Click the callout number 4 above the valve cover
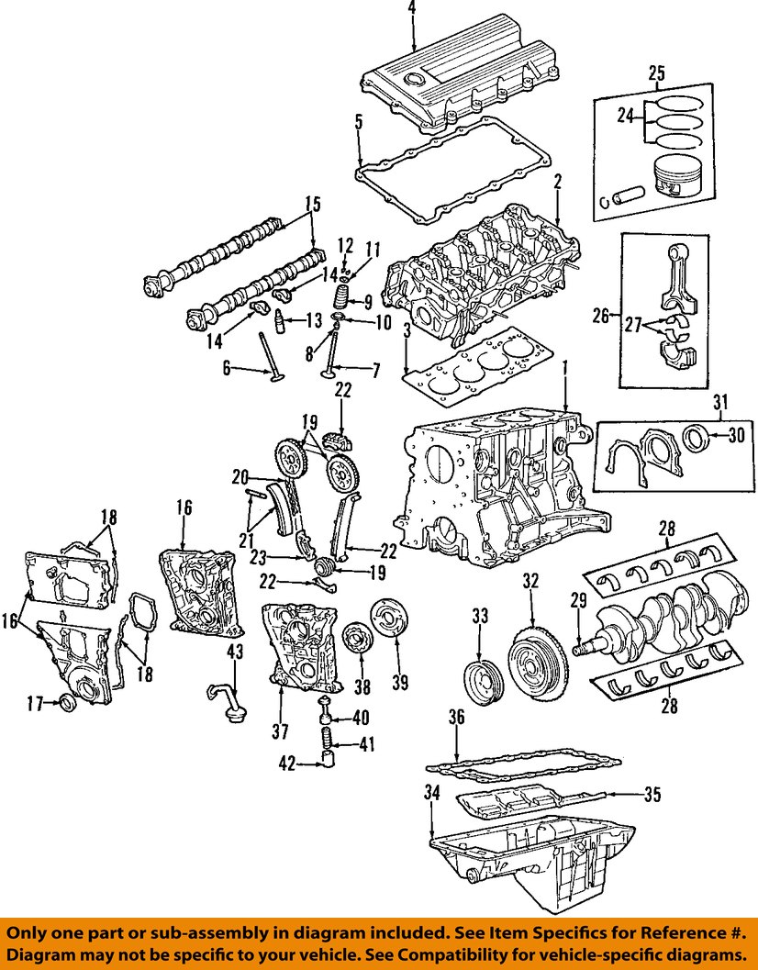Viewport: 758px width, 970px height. click(412, 8)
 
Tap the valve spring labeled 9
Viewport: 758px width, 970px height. click(341, 299)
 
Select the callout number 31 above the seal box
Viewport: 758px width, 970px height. click(720, 400)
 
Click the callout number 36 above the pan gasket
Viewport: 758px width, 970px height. click(456, 717)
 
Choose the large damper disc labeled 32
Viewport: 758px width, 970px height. click(531, 659)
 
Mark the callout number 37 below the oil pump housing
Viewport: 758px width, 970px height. click(280, 730)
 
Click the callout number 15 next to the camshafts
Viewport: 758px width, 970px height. click(314, 205)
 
